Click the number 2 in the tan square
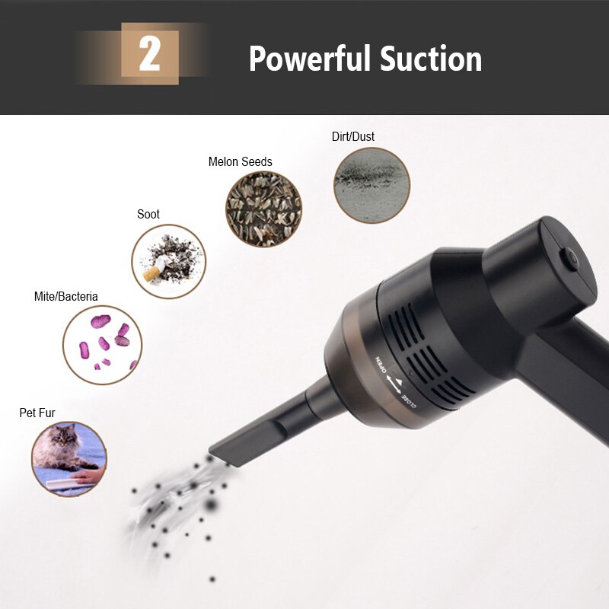[149, 55]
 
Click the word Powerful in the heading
[308, 59]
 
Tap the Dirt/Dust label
[353, 137]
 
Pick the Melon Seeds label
[240, 161]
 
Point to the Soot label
[148, 214]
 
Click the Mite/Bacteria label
[66, 296]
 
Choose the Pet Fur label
[37, 413]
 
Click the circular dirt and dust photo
[371, 185]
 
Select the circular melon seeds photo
[263, 209]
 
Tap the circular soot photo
[169, 261]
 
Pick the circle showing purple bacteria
[102, 345]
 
